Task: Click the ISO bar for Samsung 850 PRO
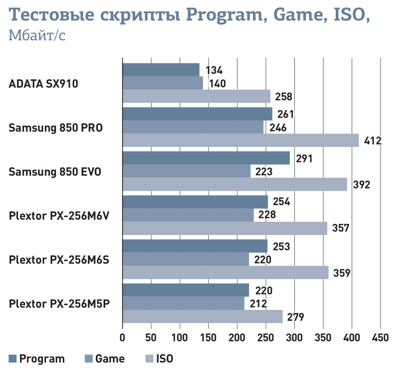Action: pos(240,140)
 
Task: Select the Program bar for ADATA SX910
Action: pos(161,70)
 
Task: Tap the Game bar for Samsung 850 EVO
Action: pos(187,171)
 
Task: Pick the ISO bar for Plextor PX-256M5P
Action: pos(202,316)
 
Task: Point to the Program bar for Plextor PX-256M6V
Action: pos(195,202)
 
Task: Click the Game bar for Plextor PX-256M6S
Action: pos(185,259)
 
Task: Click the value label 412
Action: pos(372,141)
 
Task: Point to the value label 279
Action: pos(295,317)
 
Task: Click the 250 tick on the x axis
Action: pos(266,338)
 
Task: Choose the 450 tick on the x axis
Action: pos(380,338)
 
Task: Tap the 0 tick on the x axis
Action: pos(122,338)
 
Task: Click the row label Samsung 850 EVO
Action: pos(55,172)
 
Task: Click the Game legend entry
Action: pos(110,359)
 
